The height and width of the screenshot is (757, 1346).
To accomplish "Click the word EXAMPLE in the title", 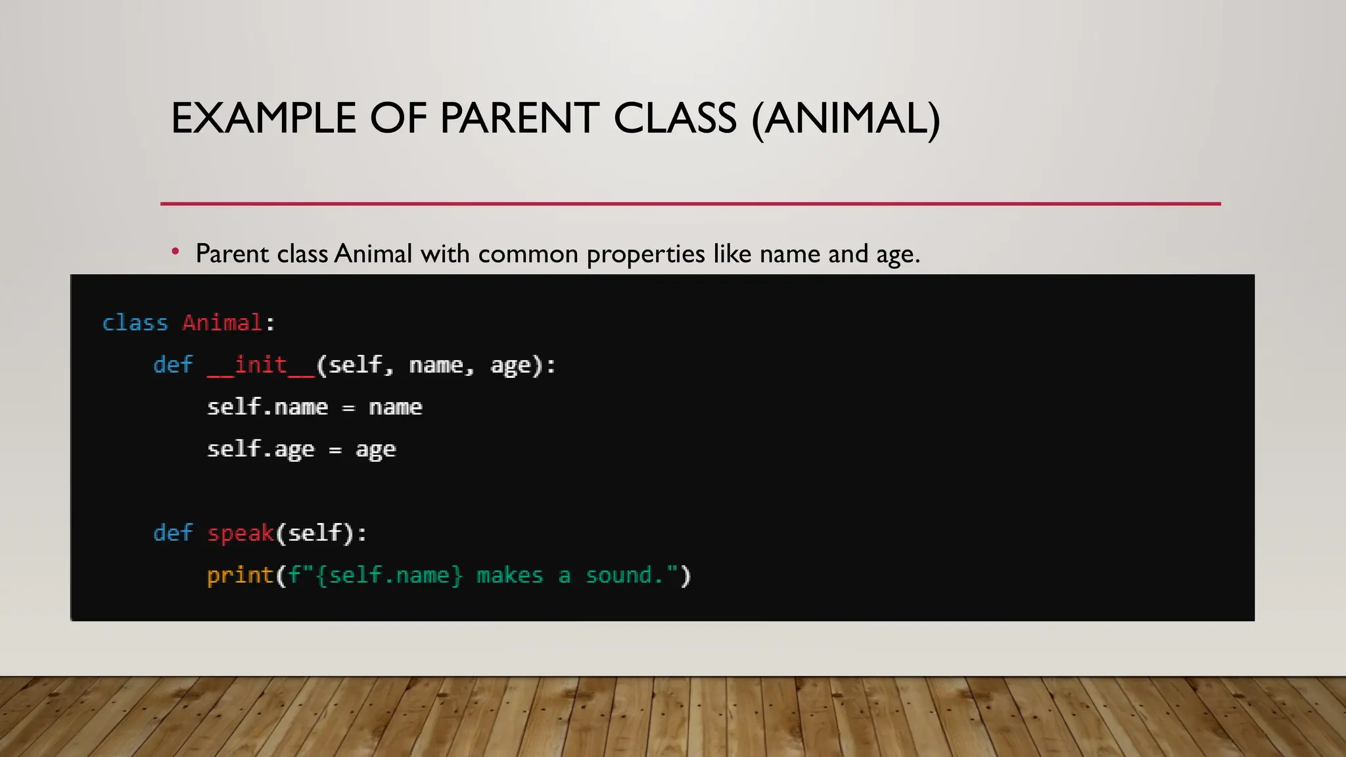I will [x=264, y=119].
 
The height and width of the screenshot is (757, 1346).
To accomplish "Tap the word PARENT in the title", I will [x=519, y=119].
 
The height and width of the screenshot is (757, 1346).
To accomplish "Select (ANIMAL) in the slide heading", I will [x=846, y=119].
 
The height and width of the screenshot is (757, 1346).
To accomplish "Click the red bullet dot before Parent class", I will [x=175, y=251].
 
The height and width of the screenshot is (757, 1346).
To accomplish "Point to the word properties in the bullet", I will [x=645, y=254].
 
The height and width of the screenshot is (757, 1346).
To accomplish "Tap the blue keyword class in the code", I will [x=135, y=323].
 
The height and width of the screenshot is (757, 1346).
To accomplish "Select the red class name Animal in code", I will [x=222, y=323].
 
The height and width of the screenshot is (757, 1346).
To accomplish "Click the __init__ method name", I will [x=261, y=365].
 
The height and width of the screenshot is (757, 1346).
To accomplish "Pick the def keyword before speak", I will [x=173, y=532].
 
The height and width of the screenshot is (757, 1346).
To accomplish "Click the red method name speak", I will [x=241, y=532].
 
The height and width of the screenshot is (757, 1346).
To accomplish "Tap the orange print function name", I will [x=240, y=575].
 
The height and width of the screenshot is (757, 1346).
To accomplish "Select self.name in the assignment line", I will [x=267, y=407].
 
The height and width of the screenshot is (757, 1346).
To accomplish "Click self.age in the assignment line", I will [x=260, y=449].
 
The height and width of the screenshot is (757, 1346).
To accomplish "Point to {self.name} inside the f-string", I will [x=389, y=575].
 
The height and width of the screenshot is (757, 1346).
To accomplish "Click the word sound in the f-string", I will [x=618, y=575].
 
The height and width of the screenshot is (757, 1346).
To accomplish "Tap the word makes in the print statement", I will [x=509, y=575].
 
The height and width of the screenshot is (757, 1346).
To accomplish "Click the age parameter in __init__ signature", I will [x=510, y=365].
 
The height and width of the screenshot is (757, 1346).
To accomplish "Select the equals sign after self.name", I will [x=348, y=408].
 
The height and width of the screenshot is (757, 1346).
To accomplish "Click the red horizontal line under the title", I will [x=690, y=204].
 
